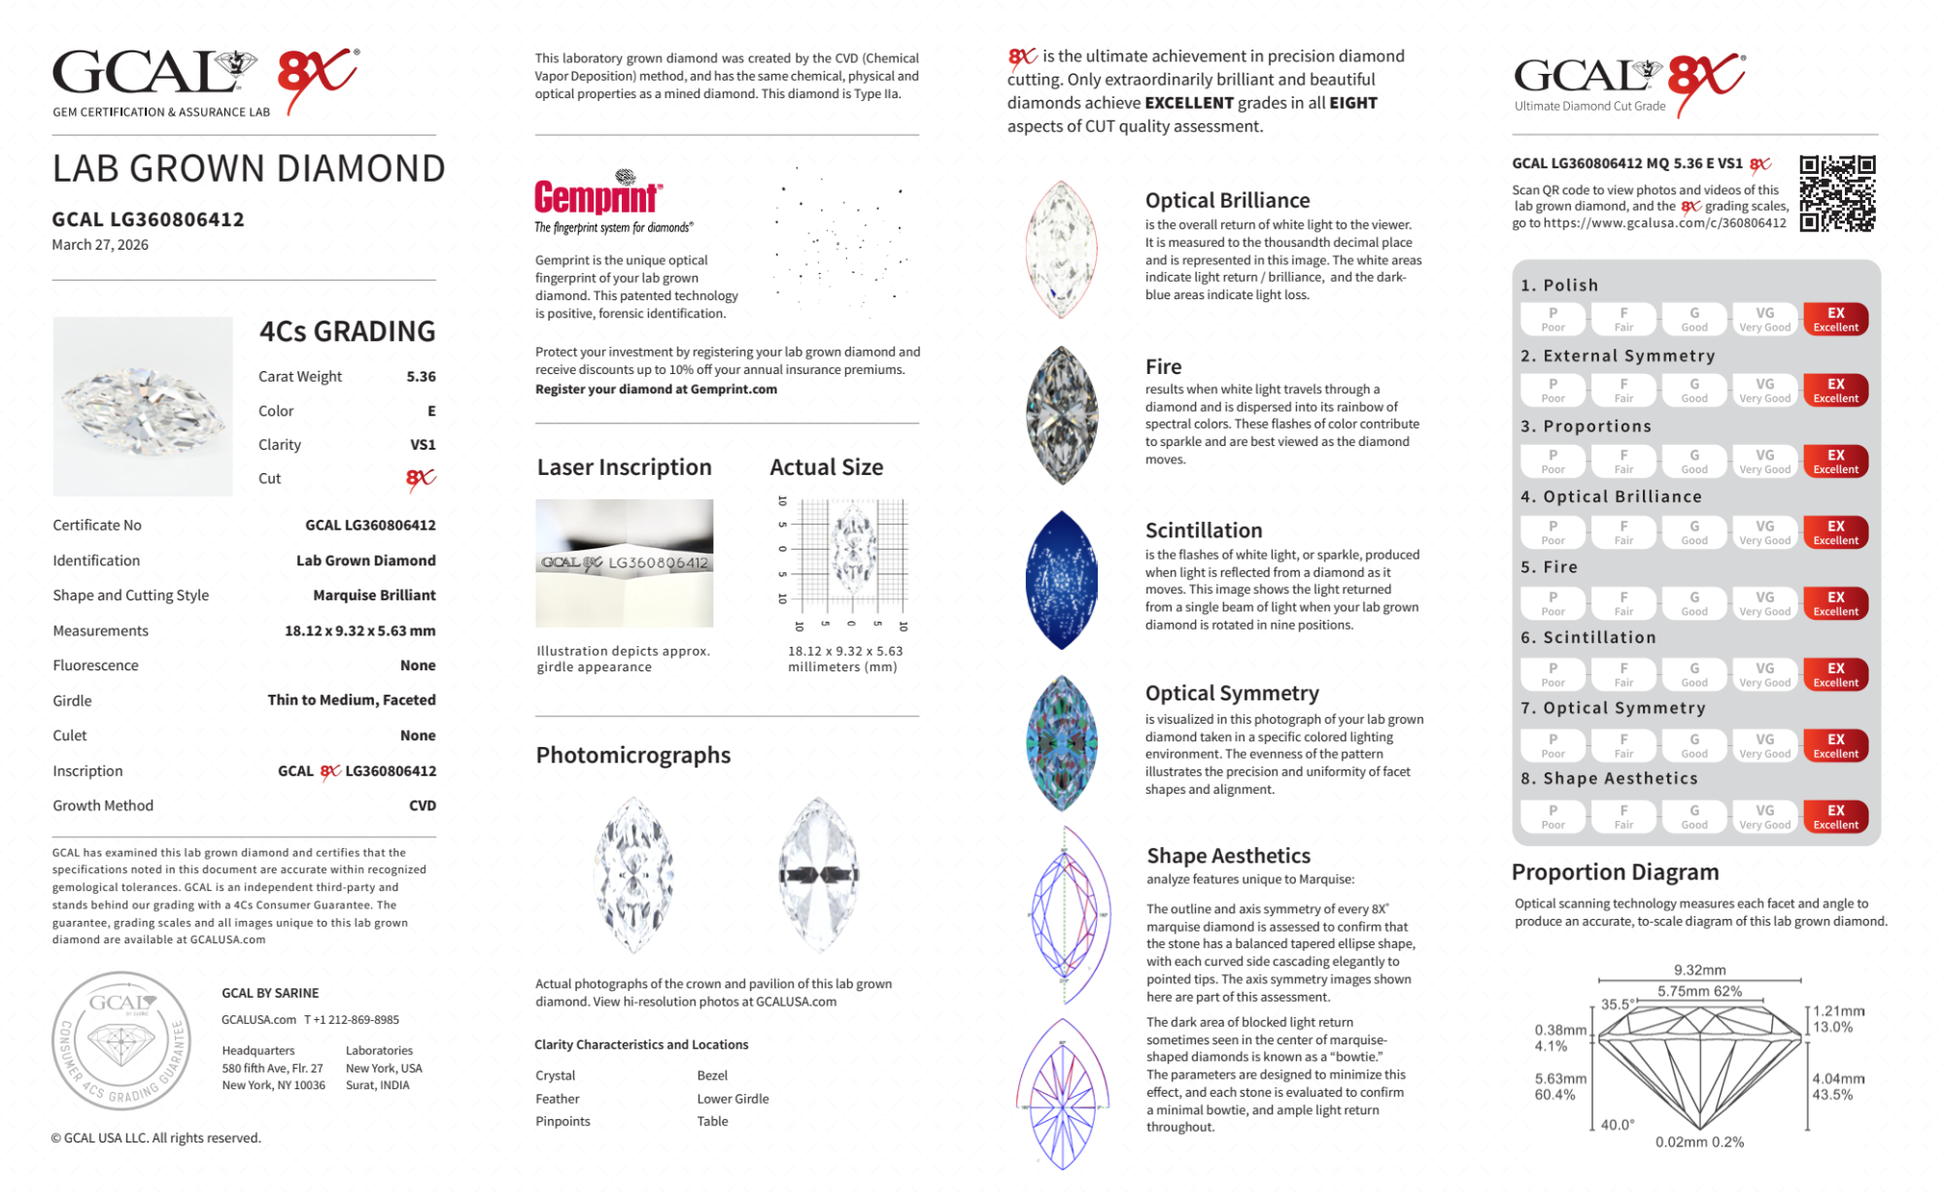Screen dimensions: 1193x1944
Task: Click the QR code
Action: (1836, 193)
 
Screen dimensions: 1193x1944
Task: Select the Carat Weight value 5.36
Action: (421, 377)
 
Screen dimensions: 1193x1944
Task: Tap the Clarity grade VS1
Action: (423, 445)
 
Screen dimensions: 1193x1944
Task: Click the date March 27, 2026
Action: (100, 245)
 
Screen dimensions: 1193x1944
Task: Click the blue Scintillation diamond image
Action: (1062, 580)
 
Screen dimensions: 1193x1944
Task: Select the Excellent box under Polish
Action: (1835, 319)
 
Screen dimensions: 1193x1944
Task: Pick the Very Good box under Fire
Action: (1764, 603)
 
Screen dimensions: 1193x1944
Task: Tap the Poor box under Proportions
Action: (1552, 461)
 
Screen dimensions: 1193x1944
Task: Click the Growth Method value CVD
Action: (423, 805)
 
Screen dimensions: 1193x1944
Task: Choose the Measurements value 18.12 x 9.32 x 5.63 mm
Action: (359, 631)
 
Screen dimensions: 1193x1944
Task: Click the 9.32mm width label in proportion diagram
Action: (1699, 970)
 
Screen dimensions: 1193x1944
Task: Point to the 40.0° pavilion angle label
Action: (1618, 1124)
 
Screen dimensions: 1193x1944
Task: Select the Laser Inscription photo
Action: (624, 562)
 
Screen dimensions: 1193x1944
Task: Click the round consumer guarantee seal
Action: (121, 1040)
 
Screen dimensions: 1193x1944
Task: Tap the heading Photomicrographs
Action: (632, 755)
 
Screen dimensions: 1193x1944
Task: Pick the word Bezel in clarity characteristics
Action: (712, 1075)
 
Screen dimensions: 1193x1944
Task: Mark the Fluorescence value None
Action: (418, 665)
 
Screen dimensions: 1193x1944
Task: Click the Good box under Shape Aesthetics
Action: (1693, 816)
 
